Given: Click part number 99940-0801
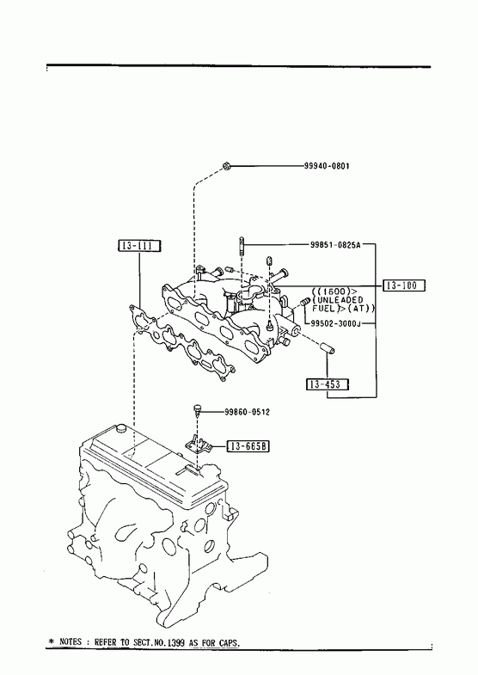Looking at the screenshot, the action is [327, 166].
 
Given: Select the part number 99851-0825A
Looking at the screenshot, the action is [335, 245].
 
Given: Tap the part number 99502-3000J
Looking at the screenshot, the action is [335, 323].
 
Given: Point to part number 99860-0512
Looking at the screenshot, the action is [247, 412].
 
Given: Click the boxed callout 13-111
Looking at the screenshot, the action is [139, 246].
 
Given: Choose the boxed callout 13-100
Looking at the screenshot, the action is [403, 285].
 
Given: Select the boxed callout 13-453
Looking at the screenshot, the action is [328, 384].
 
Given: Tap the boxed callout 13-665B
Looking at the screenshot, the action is [248, 447].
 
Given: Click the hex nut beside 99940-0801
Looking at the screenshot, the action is [226, 166].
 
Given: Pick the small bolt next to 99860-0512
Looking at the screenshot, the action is [197, 410].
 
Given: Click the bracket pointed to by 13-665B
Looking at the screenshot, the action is [199, 445].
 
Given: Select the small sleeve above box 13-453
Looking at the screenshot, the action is [329, 348].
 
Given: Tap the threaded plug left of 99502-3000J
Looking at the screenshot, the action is [305, 302].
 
